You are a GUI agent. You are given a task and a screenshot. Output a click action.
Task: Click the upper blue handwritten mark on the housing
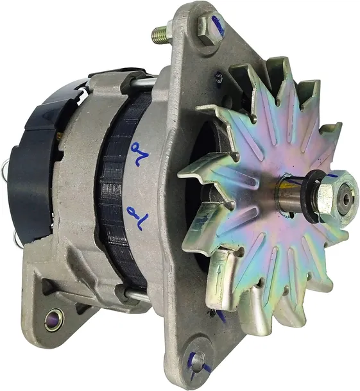(x=136, y=154)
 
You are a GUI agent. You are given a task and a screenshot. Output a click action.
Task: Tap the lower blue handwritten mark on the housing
(x=136, y=214)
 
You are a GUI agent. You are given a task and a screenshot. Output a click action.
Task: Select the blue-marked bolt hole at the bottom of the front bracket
(x=198, y=360)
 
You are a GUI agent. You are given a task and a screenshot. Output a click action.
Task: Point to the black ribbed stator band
(x=116, y=192)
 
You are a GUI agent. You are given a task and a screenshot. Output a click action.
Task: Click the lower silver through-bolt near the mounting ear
(x=137, y=296)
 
